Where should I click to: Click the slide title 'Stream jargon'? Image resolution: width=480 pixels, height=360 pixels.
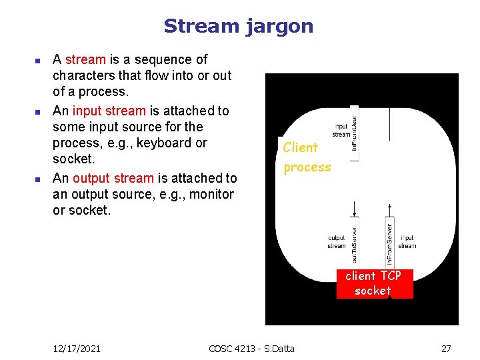point(238,27)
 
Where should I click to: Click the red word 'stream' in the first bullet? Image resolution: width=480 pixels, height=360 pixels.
point(85,59)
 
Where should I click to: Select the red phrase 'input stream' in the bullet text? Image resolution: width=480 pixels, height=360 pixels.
point(109,111)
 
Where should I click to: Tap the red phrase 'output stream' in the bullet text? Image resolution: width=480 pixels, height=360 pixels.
point(113,178)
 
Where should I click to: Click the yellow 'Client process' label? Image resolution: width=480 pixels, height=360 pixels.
point(307,157)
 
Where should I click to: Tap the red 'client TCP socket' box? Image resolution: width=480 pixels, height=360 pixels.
point(373,283)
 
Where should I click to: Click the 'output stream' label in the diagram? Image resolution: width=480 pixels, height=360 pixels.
point(337,241)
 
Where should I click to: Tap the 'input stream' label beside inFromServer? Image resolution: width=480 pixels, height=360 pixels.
point(407,241)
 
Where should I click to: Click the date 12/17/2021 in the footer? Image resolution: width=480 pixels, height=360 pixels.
point(77,348)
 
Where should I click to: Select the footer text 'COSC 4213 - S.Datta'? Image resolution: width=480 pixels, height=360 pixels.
point(251,348)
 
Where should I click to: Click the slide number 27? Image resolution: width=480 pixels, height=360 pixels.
point(446,348)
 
